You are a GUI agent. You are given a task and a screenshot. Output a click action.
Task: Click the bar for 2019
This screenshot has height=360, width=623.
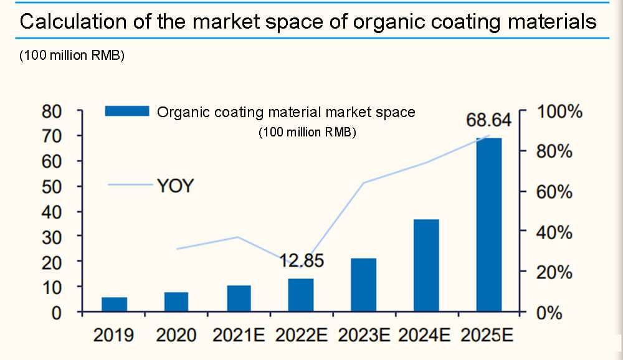click(x=114, y=305)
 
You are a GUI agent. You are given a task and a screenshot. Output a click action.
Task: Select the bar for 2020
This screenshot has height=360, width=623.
click(x=176, y=302)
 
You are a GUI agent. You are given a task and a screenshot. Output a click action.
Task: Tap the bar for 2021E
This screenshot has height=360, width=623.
click(x=239, y=298)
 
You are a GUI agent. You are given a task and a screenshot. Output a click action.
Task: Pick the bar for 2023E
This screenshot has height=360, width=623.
click(x=364, y=285)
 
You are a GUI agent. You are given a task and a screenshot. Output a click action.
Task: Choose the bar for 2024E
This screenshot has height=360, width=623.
click(x=426, y=265)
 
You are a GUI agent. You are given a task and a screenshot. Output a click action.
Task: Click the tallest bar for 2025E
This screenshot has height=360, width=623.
click(x=489, y=225)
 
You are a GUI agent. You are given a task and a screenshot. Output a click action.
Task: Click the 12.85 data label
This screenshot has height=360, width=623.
click(x=302, y=261)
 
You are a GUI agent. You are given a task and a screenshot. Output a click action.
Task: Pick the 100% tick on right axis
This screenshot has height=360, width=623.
click(x=559, y=112)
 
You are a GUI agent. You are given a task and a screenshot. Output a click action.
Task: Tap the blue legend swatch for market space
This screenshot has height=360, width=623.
click(x=127, y=111)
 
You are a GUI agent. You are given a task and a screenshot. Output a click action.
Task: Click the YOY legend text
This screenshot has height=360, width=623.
click(x=175, y=186)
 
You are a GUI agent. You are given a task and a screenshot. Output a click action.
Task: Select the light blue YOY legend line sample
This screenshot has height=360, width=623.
click(x=130, y=185)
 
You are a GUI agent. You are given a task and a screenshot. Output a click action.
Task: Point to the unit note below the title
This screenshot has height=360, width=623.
click(x=73, y=55)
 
